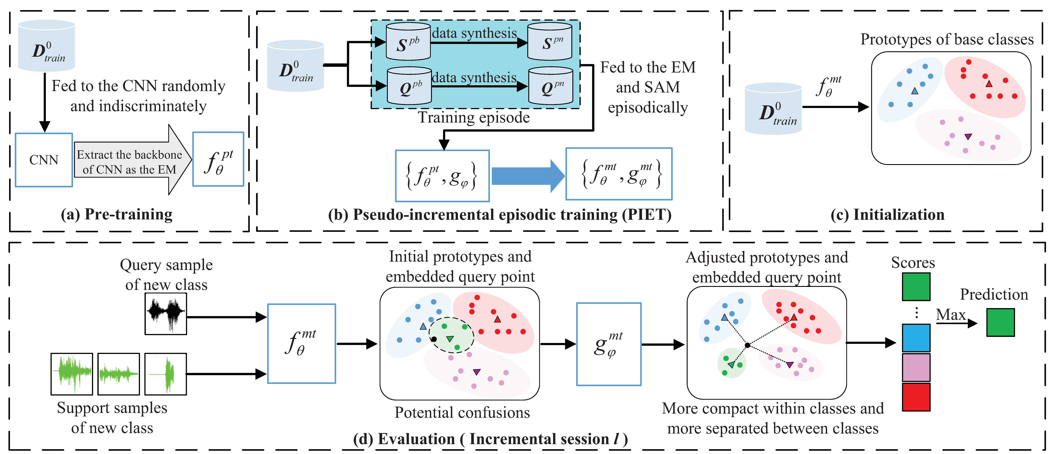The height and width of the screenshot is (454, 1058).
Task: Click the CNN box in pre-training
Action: pyautogui.click(x=44, y=160)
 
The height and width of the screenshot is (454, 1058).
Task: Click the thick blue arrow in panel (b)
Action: pyautogui.click(x=528, y=176)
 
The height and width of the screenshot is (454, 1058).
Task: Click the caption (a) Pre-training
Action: pyautogui.click(x=117, y=214)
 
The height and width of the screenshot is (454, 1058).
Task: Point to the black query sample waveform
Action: pyautogui.click(x=166, y=314)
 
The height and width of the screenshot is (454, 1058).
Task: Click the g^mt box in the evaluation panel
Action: pyautogui.click(x=609, y=344)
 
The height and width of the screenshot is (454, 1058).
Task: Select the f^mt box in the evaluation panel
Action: pyautogui.click(x=301, y=343)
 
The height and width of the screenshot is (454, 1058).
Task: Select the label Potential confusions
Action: pyautogui.click(x=462, y=412)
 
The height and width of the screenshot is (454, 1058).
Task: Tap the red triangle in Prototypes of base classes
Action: pyautogui.click(x=989, y=84)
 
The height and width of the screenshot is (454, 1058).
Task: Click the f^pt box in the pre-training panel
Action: pyautogui.click(x=218, y=159)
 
